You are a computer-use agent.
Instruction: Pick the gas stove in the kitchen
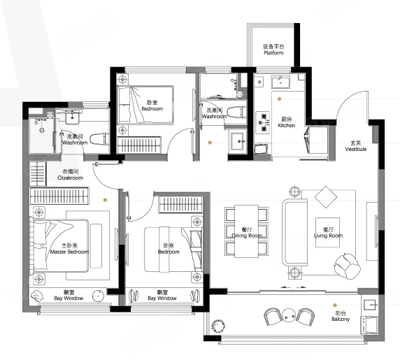click(263, 122)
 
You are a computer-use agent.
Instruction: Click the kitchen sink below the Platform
click(280, 82)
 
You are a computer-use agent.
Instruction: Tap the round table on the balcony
click(289, 316)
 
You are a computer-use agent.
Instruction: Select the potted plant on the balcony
click(218, 326)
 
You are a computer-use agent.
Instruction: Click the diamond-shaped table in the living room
click(326, 197)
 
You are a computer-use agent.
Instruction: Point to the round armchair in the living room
click(348, 266)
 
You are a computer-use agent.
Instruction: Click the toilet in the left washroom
click(99, 139)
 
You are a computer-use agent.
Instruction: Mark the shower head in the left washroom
click(42, 130)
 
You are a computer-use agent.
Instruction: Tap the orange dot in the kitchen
click(279, 99)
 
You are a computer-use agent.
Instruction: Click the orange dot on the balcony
click(335, 305)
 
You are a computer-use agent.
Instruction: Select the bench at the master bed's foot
click(97, 246)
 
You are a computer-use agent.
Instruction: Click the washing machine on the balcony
click(369, 325)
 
